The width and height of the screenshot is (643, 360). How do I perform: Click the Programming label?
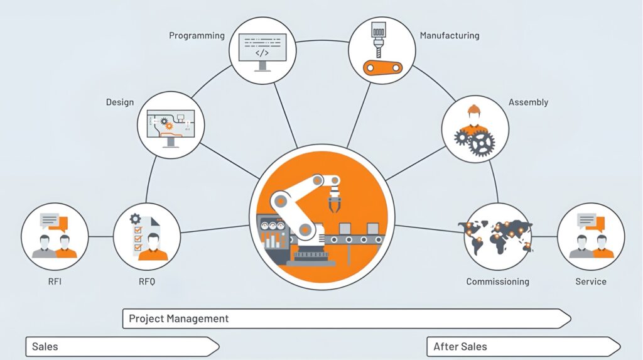(197, 36)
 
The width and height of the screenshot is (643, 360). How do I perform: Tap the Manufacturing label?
(449, 36)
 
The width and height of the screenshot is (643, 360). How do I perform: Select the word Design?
(119, 102)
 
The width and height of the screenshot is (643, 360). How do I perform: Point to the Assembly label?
(528, 102)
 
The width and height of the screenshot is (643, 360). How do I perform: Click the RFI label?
(55, 281)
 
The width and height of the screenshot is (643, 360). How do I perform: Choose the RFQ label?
(146, 281)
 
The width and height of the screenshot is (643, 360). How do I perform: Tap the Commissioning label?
(497, 281)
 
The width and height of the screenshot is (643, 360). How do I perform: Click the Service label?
(591, 281)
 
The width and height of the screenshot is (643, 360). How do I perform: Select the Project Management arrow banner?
(346, 319)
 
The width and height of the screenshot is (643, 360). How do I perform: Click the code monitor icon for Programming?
(262, 48)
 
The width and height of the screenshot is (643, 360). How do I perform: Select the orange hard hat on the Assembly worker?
(473, 111)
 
